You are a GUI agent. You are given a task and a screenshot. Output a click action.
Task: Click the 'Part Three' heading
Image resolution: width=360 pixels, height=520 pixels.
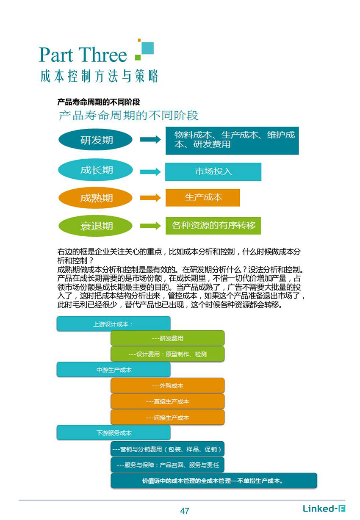coord(83,55)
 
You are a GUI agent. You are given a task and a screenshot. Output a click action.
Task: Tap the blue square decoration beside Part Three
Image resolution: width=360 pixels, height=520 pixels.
coord(147,48)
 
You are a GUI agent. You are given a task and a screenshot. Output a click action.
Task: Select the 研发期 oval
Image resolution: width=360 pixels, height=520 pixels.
coord(95,139)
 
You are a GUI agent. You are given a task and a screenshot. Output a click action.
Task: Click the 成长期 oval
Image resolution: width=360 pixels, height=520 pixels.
coord(95,170)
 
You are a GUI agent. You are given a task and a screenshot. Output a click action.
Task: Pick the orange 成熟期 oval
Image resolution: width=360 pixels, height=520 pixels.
coord(95,198)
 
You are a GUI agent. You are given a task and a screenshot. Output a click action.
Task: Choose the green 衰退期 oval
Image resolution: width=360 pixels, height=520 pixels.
coord(95,226)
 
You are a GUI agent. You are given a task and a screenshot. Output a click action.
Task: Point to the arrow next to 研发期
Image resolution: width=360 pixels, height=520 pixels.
coord(150,139)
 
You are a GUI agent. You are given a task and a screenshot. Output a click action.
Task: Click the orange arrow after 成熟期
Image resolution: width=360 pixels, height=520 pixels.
coord(150,198)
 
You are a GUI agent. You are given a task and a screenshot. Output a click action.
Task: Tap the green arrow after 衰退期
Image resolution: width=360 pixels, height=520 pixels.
coord(150,226)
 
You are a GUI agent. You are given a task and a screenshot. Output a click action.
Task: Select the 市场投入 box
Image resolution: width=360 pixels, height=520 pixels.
coord(213,171)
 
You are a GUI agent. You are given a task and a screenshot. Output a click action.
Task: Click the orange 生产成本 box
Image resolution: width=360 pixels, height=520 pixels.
coord(203,198)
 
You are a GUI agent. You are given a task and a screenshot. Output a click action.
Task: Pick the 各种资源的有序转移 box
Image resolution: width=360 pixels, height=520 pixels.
coord(213,226)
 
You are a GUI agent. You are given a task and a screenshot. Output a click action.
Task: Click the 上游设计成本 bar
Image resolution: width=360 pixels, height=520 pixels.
coord(114,324)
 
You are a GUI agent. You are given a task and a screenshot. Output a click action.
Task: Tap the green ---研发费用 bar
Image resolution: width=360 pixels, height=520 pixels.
coord(167,338)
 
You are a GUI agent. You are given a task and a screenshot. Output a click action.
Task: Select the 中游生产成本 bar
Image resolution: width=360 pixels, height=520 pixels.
coord(114,369)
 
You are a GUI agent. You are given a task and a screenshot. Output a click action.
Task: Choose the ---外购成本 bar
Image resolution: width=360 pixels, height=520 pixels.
coord(167,385)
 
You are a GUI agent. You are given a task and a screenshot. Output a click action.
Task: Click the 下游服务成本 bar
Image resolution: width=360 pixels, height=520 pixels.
coord(114,432)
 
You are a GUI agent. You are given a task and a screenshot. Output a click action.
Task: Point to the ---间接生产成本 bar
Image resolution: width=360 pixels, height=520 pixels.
coord(167,417)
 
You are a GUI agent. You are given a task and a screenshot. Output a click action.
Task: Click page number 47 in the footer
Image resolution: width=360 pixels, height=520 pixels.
coord(185,511)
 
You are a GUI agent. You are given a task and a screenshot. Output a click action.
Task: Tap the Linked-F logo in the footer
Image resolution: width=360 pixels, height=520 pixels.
coord(324,509)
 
